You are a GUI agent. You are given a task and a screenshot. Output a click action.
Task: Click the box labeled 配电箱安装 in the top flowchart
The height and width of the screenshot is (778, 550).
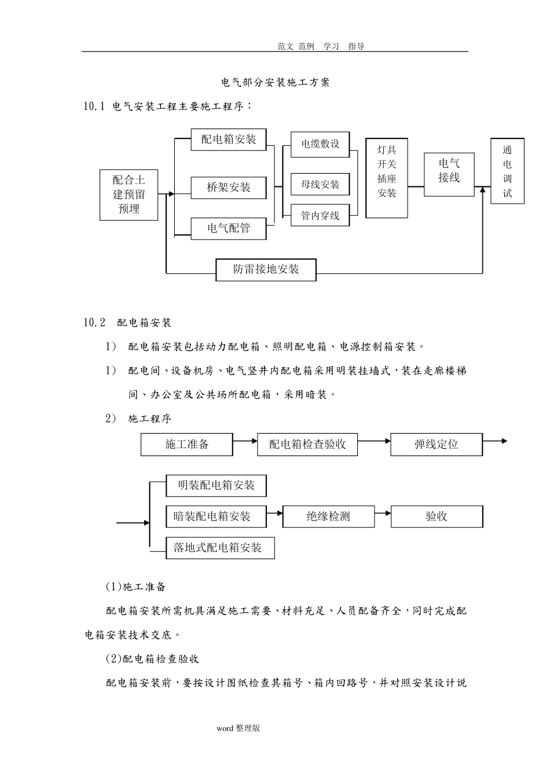tap(229, 140)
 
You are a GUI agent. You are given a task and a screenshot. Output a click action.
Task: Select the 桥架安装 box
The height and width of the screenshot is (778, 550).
tap(229, 188)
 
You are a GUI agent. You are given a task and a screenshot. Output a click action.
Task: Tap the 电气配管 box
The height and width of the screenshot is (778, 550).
tap(229, 228)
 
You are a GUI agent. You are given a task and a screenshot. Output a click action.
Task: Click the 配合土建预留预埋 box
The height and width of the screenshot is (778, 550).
tap(129, 195)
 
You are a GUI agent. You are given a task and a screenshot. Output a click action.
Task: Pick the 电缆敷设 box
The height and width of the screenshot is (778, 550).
tap(320, 144)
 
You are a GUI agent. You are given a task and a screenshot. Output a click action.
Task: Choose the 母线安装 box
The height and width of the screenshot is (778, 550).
tap(320, 185)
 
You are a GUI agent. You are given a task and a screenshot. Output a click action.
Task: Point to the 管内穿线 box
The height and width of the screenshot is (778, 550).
tap(320, 216)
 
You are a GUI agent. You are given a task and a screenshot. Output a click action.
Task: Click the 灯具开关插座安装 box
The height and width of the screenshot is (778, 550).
tap(387, 178)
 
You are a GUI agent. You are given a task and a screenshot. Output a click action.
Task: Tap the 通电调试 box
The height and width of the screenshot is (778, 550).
tap(507, 171)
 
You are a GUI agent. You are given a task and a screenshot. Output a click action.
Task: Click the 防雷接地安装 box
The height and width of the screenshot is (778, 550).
tap(266, 269)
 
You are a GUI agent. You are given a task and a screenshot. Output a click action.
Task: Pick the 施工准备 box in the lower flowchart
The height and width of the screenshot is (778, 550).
tap(187, 444)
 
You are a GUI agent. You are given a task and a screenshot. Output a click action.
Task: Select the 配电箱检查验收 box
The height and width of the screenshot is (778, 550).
tap(307, 444)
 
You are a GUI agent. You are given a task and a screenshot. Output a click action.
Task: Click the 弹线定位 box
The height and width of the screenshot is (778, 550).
tap(437, 444)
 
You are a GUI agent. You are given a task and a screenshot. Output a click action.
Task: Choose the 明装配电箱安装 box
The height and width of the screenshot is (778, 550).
tap(216, 486)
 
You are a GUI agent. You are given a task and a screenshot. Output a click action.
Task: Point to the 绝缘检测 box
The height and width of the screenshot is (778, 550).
tap(328, 516)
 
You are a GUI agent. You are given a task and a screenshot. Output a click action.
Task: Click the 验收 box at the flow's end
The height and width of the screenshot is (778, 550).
tap(437, 516)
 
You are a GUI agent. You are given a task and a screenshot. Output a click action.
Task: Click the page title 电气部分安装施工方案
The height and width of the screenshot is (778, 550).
tap(276, 82)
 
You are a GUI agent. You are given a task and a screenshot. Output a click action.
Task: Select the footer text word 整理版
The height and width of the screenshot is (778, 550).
tap(239, 728)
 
